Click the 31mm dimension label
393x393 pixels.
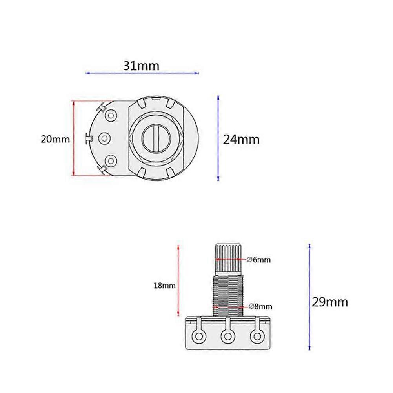142,65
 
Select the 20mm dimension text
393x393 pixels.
55,139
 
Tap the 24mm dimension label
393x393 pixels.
241,139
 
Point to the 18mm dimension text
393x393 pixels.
164,286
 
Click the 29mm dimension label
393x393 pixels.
329,302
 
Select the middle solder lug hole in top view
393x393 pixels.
105,138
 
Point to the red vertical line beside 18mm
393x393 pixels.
179,280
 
